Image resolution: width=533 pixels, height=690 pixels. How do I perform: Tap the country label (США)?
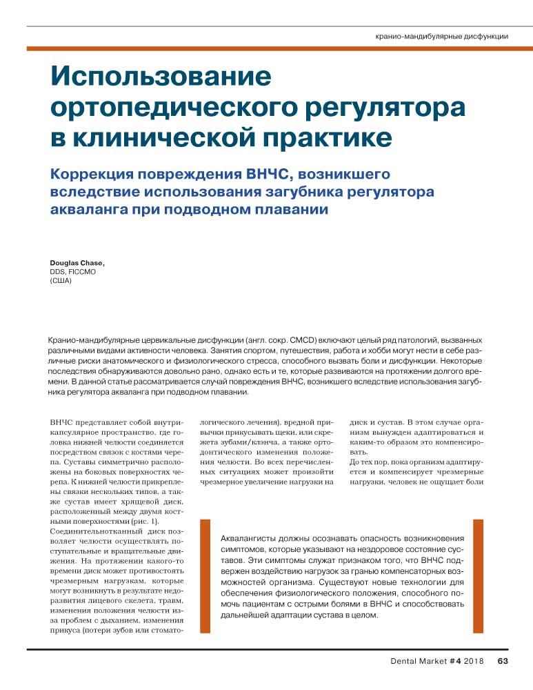(61, 281)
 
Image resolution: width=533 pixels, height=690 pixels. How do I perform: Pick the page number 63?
(502, 662)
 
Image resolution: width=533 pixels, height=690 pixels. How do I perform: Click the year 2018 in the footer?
(473, 662)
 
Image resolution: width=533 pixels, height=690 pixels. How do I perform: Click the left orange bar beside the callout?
(204, 575)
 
